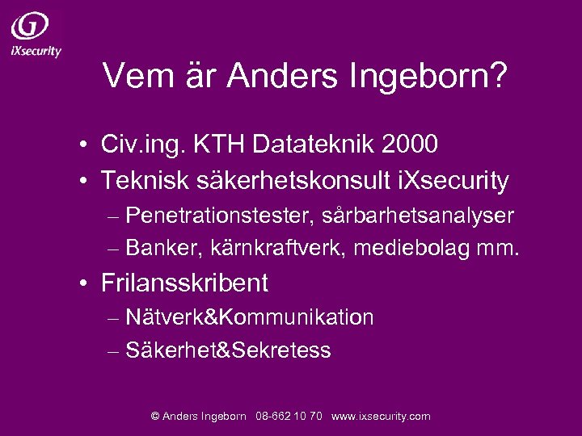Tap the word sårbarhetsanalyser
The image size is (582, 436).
(x=418, y=216)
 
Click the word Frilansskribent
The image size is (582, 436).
(x=185, y=283)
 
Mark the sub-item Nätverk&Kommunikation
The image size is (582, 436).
(x=250, y=317)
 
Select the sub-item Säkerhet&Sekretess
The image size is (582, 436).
(x=229, y=350)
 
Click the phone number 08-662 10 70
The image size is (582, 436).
(x=289, y=417)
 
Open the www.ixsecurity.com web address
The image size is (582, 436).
(x=382, y=417)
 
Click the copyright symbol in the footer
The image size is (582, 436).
(x=155, y=417)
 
